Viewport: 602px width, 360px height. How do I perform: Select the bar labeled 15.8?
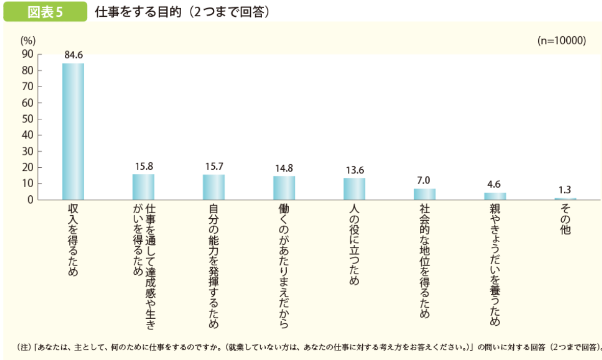click(x=143, y=187)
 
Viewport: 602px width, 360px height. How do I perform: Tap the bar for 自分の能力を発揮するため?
click(x=214, y=187)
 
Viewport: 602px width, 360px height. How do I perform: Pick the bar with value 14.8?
click(x=284, y=188)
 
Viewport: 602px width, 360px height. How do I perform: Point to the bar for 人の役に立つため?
click(x=354, y=189)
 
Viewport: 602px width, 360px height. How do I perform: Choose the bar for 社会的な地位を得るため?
click(x=424, y=194)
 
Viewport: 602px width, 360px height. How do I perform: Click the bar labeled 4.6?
click(x=495, y=196)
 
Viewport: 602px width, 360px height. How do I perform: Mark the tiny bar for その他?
click(x=565, y=198)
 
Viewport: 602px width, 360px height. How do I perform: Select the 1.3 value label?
click(x=565, y=190)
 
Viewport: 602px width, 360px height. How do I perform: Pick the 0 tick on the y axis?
click(x=30, y=200)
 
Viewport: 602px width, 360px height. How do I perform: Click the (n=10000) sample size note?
click(x=562, y=41)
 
